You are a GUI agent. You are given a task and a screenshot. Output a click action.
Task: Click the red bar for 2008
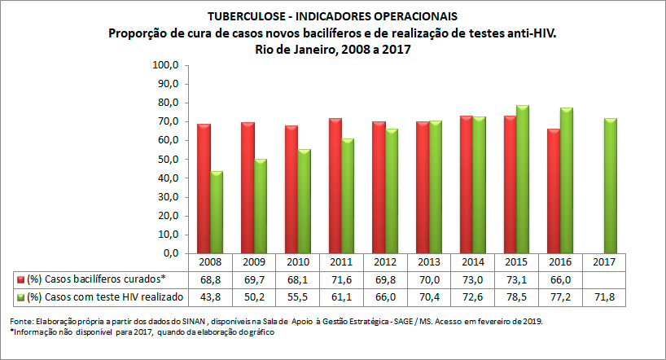204,188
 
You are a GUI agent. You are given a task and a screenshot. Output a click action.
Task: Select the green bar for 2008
217,212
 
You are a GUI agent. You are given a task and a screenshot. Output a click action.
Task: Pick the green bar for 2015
523,179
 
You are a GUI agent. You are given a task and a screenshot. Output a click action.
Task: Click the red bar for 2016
554,191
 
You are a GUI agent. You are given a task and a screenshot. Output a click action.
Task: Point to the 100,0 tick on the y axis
165,65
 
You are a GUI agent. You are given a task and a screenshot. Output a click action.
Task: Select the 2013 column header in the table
429,263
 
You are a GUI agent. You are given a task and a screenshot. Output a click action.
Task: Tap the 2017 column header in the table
604,263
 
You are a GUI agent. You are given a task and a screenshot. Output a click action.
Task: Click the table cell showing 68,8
210,279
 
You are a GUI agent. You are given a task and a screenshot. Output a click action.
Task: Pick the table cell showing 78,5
516,296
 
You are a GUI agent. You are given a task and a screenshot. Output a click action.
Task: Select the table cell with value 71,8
604,296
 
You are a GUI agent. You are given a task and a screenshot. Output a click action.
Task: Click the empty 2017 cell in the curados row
604,279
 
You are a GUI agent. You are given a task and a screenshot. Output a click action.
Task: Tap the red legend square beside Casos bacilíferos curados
20,279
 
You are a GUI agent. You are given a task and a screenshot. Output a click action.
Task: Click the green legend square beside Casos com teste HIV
20,296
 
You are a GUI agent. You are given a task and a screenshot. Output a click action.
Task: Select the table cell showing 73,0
473,279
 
